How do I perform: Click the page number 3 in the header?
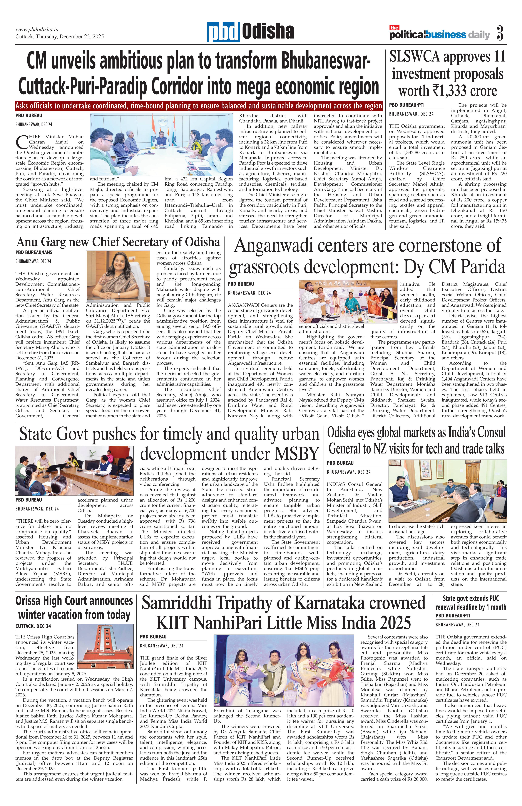pos(500,33)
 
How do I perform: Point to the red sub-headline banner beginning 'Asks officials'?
pos(198,106)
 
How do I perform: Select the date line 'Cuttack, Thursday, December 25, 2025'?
pos(60,37)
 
